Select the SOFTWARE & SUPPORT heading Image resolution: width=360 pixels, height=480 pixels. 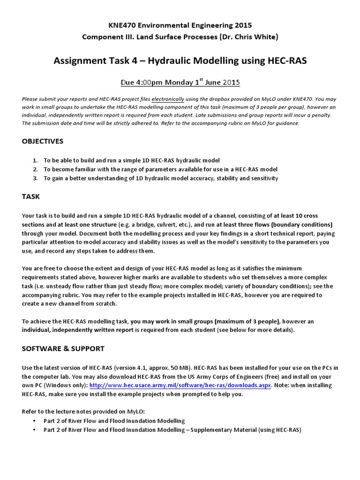(x=63, y=348)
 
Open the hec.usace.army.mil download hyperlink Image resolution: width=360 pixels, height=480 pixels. (x=180, y=385)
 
